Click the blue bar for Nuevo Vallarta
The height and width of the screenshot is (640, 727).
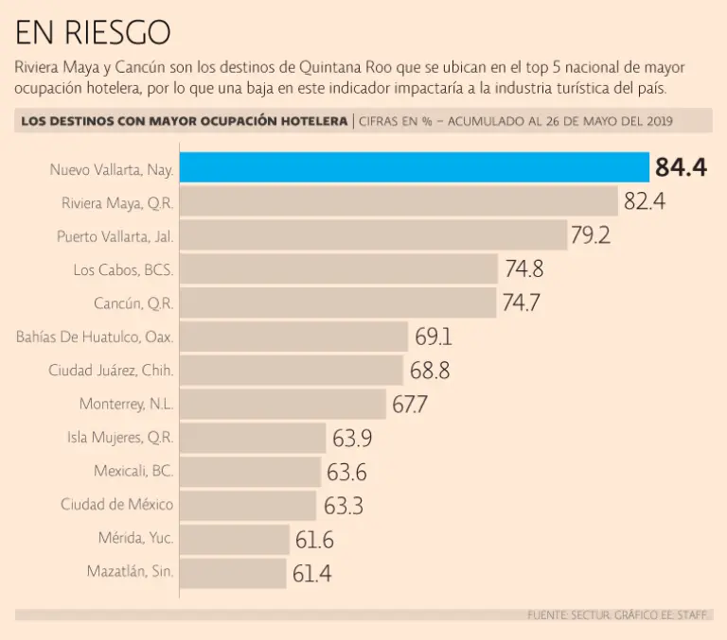click(x=414, y=167)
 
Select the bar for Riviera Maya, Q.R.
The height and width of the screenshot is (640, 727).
click(x=399, y=201)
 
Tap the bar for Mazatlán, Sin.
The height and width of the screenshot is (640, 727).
click(x=233, y=573)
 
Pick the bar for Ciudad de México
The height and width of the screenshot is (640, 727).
click(x=248, y=505)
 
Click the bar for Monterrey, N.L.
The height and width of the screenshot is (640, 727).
click(x=283, y=404)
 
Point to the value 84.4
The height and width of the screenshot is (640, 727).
click(x=681, y=167)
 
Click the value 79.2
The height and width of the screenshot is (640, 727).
click(x=590, y=234)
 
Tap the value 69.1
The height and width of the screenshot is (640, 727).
click(x=433, y=337)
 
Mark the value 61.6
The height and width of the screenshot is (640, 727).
click(x=314, y=539)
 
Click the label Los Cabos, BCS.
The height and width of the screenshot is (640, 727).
click(x=123, y=269)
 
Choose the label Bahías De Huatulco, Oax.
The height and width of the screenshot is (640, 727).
click(x=95, y=337)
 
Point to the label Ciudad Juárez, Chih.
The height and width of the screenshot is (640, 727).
click(x=111, y=371)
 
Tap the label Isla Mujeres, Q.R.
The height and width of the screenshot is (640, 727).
click(x=120, y=438)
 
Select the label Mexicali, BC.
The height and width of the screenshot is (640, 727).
click(x=133, y=471)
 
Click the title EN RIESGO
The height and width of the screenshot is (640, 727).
click(x=93, y=33)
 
